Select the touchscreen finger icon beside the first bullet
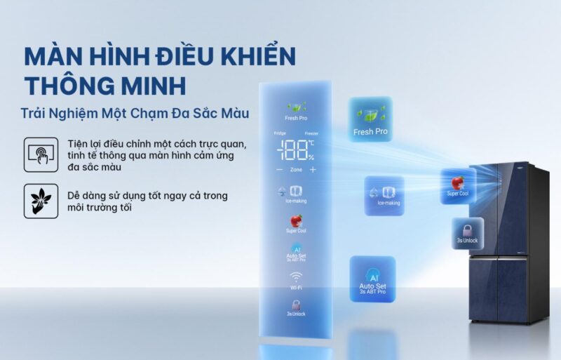pyautogui.click(x=41, y=152)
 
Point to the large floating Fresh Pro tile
pyautogui.click(x=370, y=119)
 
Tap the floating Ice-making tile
pyautogui.click(x=384, y=195)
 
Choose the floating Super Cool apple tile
pyautogui.click(x=458, y=186)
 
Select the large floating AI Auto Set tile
pyautogui.click(x=372, y=279)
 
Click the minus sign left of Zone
pyautogui.click(x=279, y=170)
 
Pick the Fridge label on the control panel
pyautogui.click(x=280, y=133)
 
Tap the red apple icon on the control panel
pyautogui.click(x=296, y=221)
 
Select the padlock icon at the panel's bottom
pyautogui.click(x=296, y=305)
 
